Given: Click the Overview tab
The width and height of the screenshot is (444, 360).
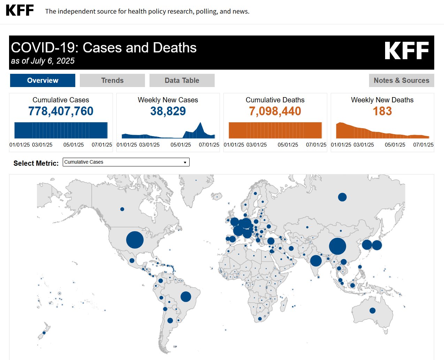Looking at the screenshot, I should point(43,80).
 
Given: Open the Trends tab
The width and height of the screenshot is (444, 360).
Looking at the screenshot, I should point(112,80).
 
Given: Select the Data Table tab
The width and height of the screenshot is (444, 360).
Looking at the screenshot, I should point(182,80).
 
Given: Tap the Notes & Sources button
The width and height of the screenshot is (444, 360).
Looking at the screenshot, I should point(401,80).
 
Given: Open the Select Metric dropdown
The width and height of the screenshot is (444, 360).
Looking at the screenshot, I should point(126,162).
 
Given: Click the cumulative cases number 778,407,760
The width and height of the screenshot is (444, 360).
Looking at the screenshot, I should point(61,111).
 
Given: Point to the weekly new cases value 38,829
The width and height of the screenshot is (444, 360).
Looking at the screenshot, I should point(168,111).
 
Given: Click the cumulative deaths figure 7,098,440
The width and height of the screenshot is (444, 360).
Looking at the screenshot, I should point(275,111).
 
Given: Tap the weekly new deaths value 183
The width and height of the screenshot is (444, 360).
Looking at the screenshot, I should point(382,111).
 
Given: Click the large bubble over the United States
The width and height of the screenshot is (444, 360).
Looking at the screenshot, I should point(135,240).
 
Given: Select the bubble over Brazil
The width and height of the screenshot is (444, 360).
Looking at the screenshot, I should point(186,297).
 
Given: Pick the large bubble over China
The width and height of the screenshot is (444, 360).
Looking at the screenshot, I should point(337,246).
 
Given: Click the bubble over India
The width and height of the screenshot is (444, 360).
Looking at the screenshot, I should point(316,260).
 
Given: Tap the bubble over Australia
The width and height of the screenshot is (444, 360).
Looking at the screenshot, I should point(373,311).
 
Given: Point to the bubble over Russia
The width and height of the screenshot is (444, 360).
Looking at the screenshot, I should point(342,197).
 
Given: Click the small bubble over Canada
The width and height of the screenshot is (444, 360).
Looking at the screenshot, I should point(122,209).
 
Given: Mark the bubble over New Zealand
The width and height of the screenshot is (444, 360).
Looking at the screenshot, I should point(44,332).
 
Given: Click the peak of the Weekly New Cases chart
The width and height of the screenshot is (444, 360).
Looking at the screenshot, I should point(200,123).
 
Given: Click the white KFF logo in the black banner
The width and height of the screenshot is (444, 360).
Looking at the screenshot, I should point(406,51).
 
